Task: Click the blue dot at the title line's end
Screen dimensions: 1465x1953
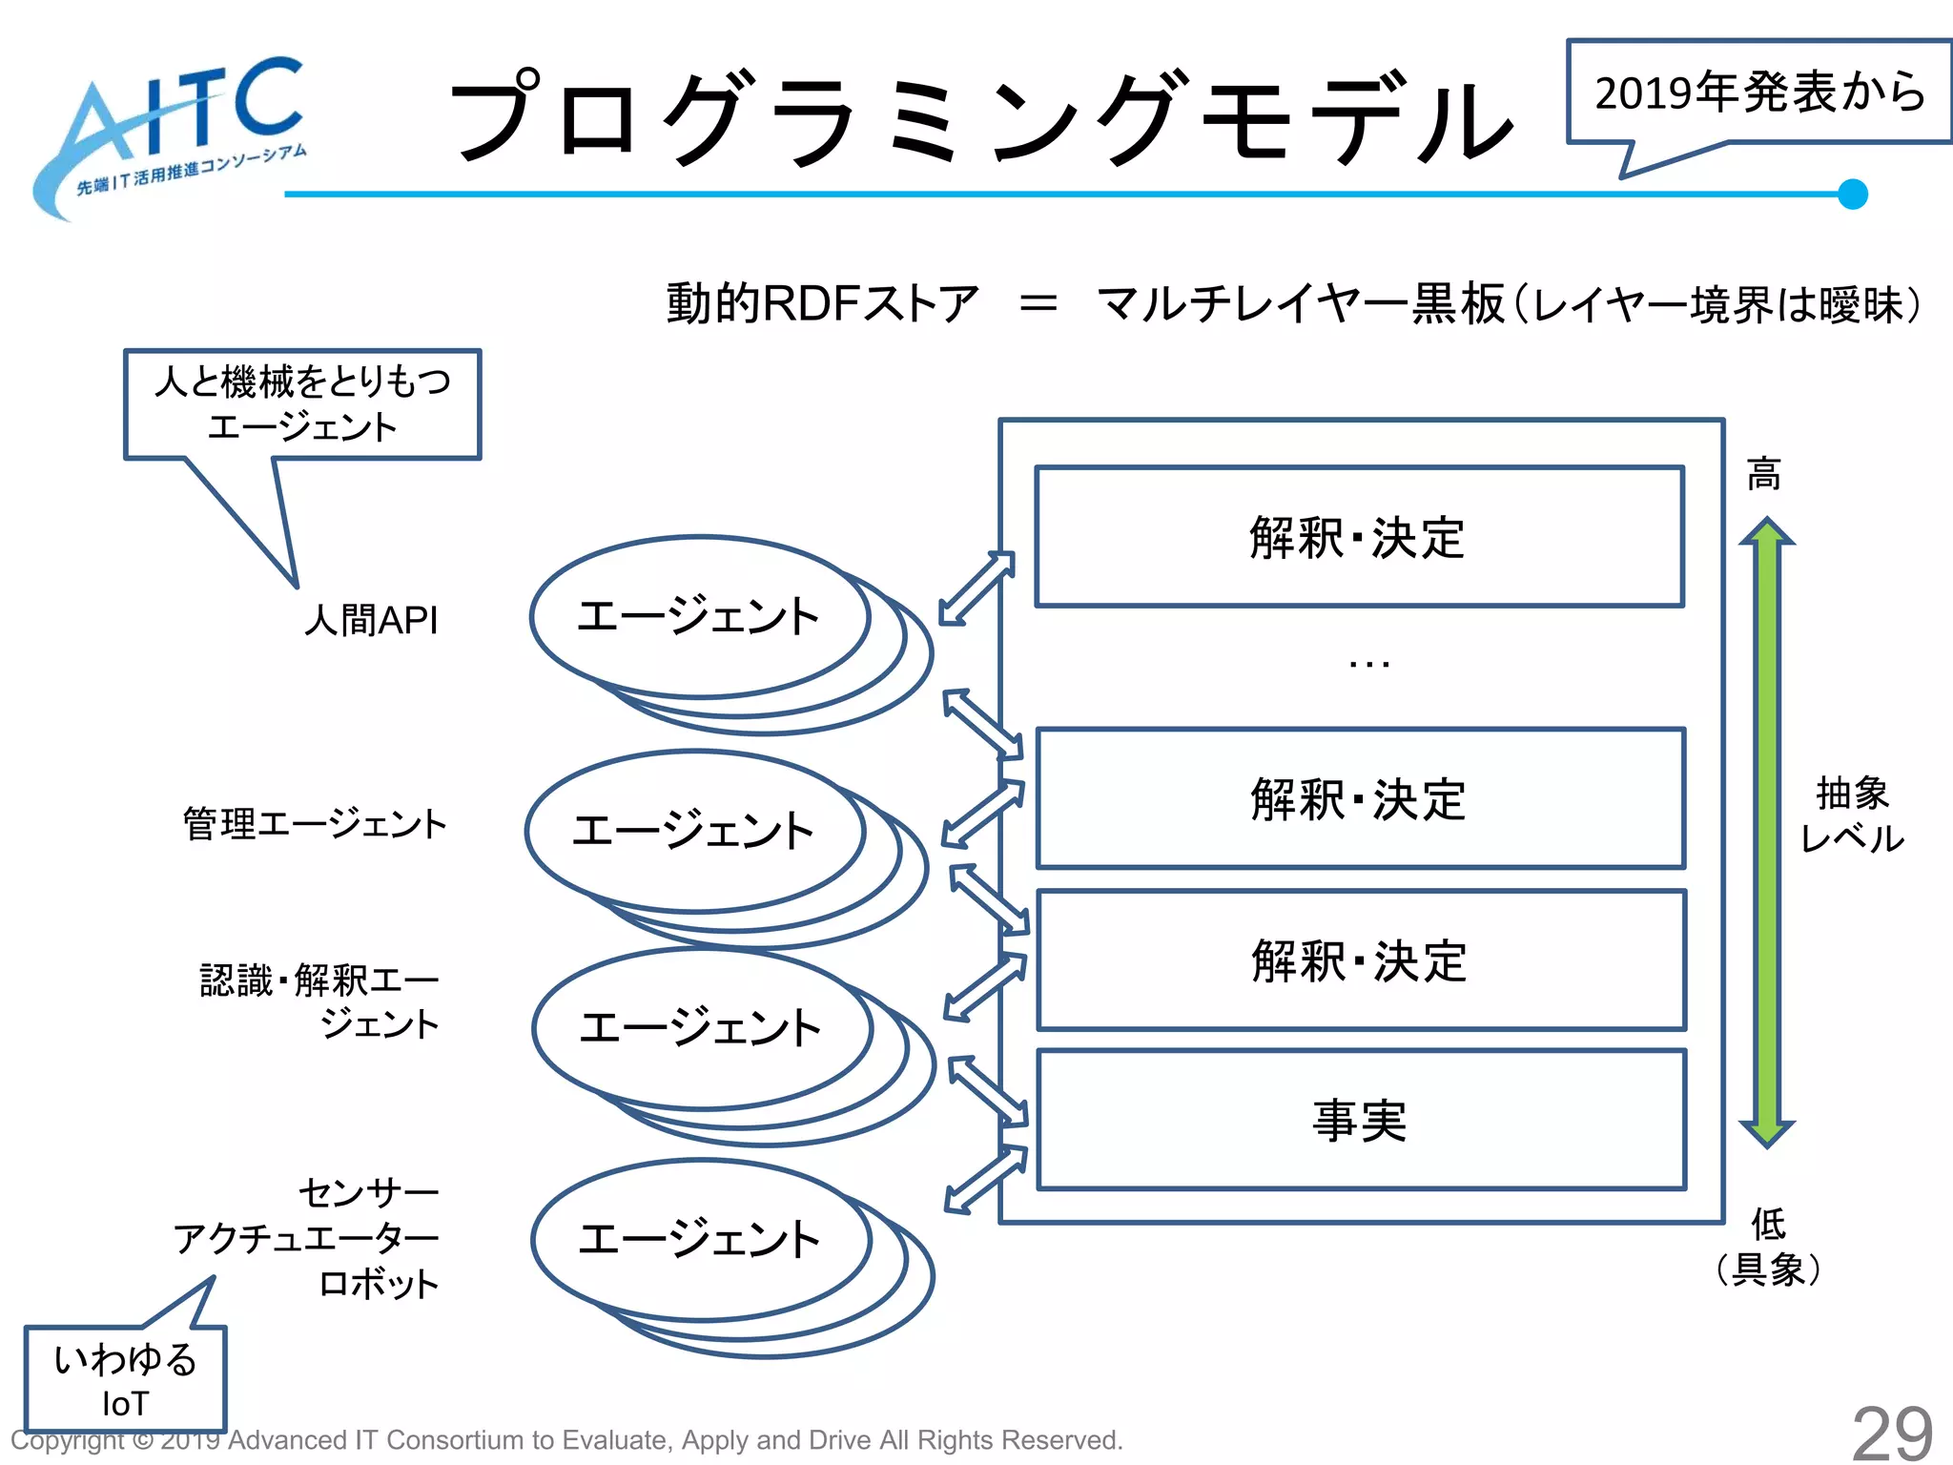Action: tap(1852, 194)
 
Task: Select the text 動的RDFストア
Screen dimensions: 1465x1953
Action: tap(822, 303)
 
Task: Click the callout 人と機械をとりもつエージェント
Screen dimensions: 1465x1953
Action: tap(302, 403)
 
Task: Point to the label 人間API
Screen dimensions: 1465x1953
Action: tap(371, 620)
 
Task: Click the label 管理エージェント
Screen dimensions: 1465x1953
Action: tap(315, 823)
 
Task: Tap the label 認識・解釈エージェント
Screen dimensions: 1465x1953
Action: tap(319, 1001)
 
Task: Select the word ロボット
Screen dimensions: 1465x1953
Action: tap(379, 1283)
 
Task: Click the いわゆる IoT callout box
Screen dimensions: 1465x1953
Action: tap(125, 1379)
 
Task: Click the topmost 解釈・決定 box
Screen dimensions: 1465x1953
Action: tap(1359, 537)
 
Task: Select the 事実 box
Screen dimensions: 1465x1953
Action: tap(1361, 1120)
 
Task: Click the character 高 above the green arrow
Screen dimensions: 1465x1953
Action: tap(1763, 473)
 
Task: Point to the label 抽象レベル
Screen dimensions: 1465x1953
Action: tap(1852, 815)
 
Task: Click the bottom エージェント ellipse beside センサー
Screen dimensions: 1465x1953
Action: tap(701, 1239)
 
